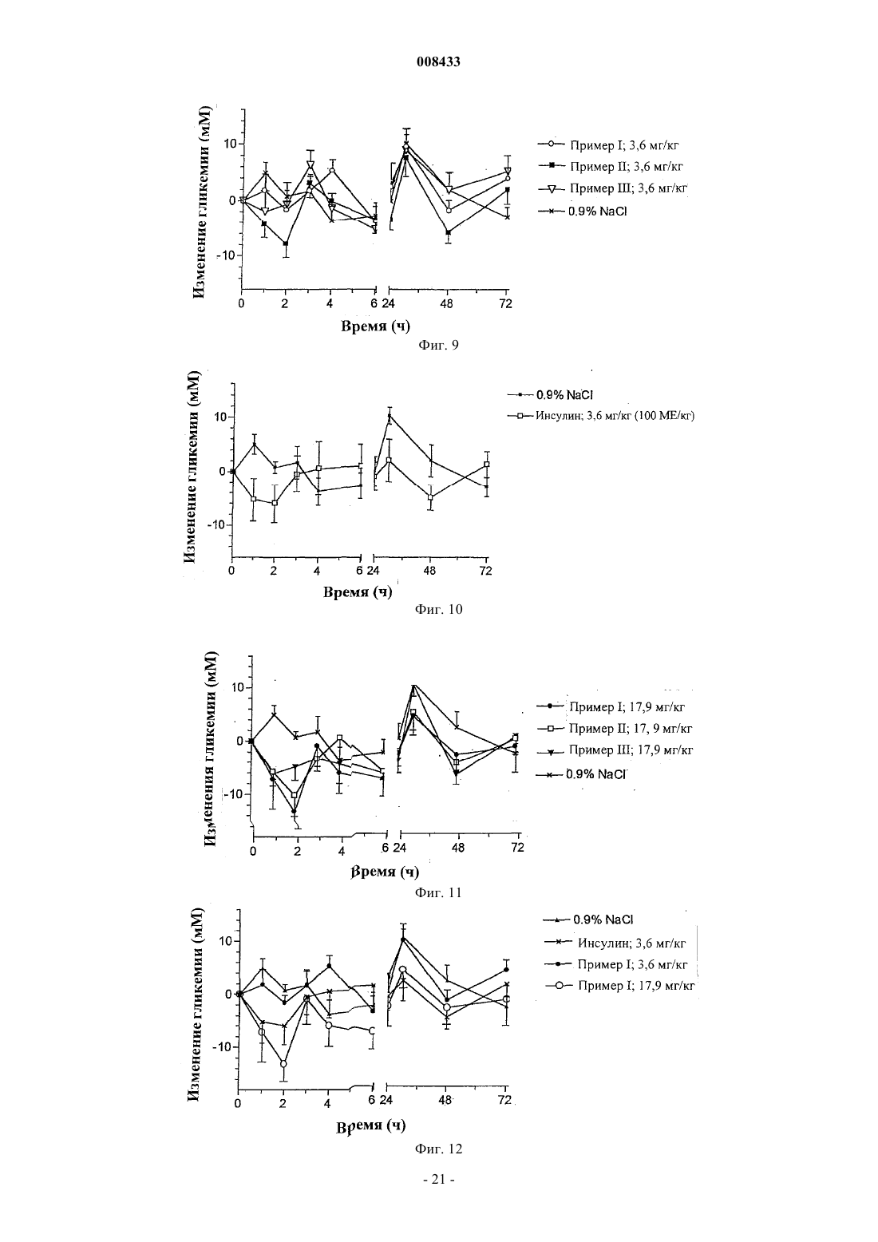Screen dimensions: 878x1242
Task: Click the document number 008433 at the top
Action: coord(438,61)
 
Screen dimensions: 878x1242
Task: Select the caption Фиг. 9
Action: coord(438,346)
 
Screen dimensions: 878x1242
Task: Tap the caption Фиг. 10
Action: coord(438,609)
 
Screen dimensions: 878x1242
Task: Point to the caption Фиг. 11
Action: coord(438,892)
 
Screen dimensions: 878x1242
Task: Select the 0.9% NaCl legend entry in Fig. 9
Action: coord(582,212)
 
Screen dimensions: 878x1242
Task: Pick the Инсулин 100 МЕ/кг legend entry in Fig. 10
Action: coord(601,416)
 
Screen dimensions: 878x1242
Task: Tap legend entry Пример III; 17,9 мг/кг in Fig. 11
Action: coord(615,751)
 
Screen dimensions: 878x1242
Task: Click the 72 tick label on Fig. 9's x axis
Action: coord(505,303)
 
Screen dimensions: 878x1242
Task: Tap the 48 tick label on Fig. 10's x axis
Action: coord(429,571)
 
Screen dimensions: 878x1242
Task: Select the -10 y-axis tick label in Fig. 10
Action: coord(217,525)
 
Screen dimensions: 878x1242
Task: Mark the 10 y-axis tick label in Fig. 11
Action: coord(237,688)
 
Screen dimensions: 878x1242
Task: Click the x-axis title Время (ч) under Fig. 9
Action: coord(375,326)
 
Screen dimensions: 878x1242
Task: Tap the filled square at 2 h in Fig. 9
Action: coord(286,244)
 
